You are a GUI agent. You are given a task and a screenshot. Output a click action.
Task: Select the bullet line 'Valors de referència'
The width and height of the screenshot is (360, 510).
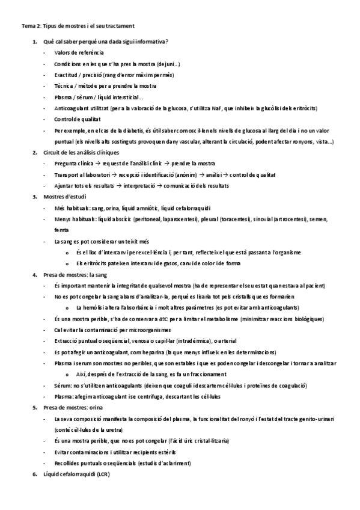tap(78, 53)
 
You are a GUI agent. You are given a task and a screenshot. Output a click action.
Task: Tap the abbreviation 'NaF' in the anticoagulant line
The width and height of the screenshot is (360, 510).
tap(219, 108)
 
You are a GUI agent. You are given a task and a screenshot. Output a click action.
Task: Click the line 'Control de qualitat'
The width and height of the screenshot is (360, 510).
tap(76, 119)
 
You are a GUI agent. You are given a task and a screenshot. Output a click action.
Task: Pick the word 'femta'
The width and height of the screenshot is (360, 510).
tap(61, 230)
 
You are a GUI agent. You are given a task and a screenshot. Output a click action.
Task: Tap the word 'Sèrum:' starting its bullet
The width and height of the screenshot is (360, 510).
tap(63, 385)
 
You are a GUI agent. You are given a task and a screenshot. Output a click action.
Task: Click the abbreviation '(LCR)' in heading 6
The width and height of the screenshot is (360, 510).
tap(103, 474)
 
